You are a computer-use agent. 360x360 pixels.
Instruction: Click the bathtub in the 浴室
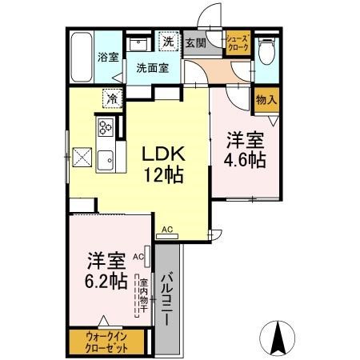click(x=82, y=57)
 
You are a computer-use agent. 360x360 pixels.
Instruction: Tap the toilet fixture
click(x=266, y=51)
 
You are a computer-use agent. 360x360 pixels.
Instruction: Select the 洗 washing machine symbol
click(x=169, y=42)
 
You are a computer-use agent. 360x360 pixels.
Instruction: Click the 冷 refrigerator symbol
click(x=113, y=98)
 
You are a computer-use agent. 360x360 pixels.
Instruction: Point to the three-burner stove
click(x=106, y=127)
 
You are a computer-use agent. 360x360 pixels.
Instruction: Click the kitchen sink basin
click(x=106, y=160)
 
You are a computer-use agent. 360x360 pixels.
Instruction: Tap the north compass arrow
click(x=278, y=337)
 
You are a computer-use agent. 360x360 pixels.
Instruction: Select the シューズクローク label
click(x=238, y=43)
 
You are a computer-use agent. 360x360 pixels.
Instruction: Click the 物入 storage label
click(x=266, y=100)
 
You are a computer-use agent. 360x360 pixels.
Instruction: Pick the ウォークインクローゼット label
click(x=106, y=342)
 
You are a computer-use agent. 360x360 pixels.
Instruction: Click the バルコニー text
click(x=167, y=298)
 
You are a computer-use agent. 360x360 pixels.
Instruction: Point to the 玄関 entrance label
click(x=196, y=43)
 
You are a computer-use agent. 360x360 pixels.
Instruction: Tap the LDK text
click(x=163, y=154)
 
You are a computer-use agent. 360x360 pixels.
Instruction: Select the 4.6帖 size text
click(x=245, y=160)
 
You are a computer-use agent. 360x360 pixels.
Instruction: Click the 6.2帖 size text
click(x=106, y=281)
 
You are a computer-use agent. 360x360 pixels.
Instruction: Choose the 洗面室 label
click(x=153, y=68)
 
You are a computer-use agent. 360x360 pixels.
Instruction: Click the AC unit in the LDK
click(x=167, y=236)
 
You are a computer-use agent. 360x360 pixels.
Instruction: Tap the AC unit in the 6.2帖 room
click(x=147, y=256)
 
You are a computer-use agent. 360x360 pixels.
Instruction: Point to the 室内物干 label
click(x=144, y=295)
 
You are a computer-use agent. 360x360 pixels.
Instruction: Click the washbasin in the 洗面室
click(x=138, y=44)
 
